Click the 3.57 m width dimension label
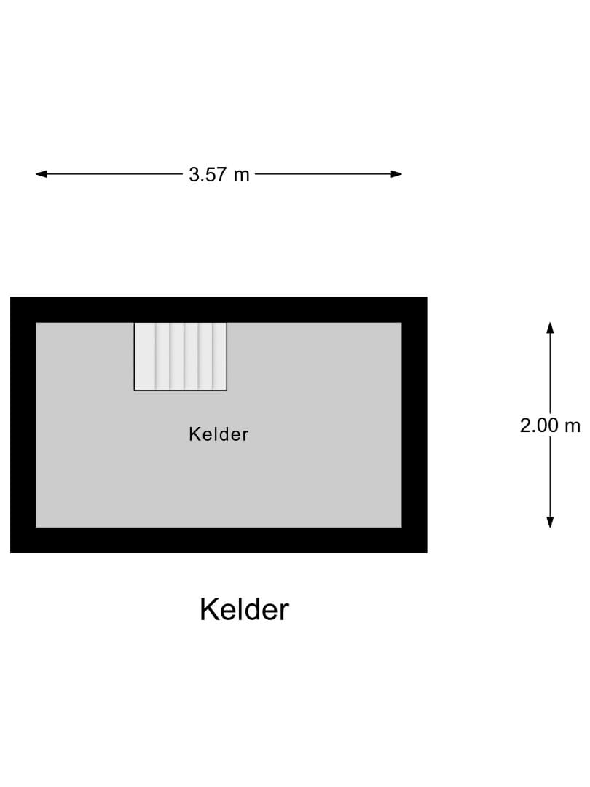tap(219, 175)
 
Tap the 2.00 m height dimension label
tap(550, 426)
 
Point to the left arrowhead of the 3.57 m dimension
tap(41, 174)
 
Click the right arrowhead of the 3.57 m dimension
tap(396, 174)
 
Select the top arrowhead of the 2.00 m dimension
tap(551, 328)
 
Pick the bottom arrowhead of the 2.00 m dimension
tap(551, 522)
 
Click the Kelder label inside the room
tap(219, 434)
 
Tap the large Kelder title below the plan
tap(244, 609)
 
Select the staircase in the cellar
tap(181, 356)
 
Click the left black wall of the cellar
tap(23, 425)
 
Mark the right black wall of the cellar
tap(414, 425)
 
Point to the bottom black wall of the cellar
tap(219, 540)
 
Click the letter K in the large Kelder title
tap(209, 609)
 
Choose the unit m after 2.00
tap(573, 427)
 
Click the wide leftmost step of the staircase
tap(145, 356)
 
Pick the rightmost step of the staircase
tap(220, 356)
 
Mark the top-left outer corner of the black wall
tap(10, 297)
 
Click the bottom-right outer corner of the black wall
tap(427, 552)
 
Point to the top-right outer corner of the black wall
tap(427, 297)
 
